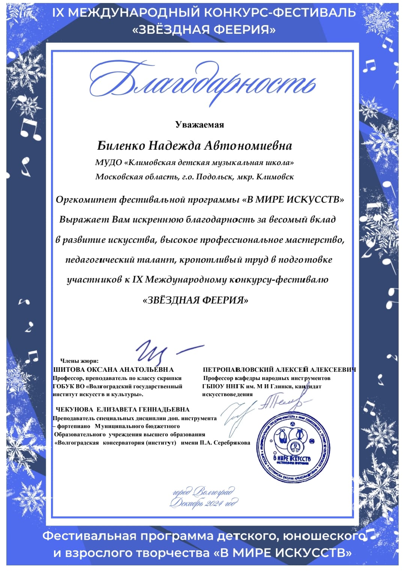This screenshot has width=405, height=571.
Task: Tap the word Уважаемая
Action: point(199,125)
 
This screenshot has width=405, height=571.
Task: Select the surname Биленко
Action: point(121,146)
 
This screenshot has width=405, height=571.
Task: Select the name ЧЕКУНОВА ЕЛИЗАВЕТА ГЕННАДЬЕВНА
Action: point(123,410)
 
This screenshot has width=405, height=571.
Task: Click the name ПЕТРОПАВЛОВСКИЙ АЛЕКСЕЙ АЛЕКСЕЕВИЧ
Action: point(279,370)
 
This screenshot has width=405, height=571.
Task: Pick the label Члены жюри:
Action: point(79,361)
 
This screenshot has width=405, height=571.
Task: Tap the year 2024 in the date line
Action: point(214,503)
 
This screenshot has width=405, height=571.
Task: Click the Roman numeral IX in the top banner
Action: point(58,13)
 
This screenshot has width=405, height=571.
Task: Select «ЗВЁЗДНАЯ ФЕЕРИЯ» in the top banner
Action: point(204,30)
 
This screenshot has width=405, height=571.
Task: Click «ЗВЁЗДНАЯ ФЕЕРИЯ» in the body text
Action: point(195,300)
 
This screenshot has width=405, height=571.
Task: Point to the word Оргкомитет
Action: point(86,200)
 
